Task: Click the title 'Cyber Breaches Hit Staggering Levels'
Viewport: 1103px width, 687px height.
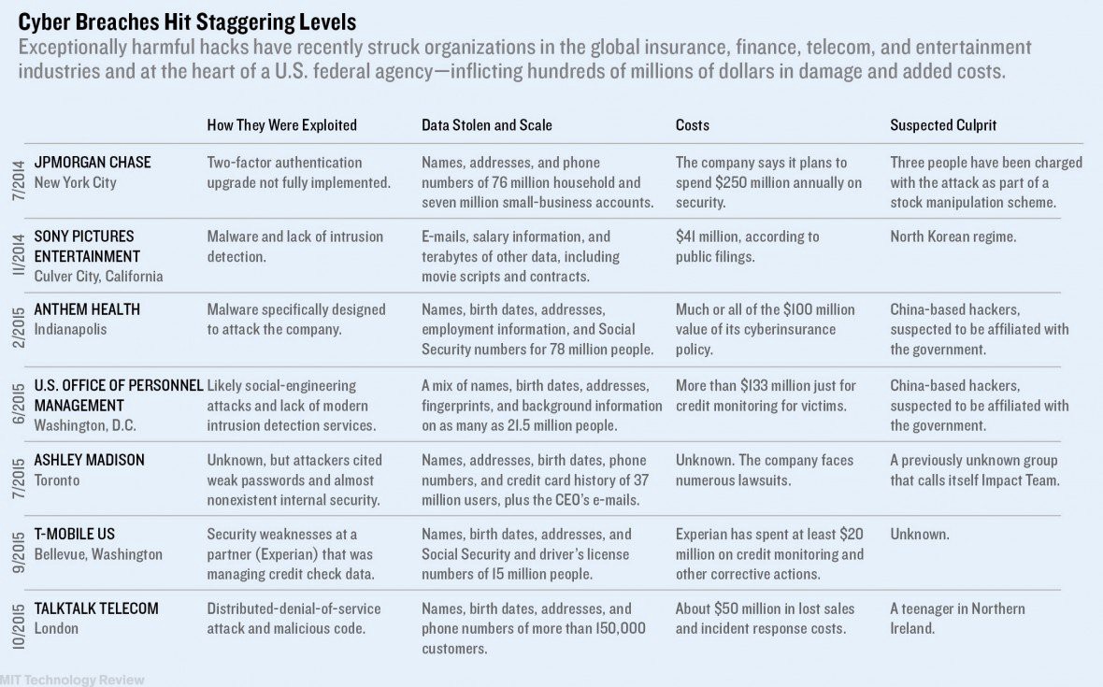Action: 187,21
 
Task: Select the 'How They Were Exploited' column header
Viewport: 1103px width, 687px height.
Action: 281,125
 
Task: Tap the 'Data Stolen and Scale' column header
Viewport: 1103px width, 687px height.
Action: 486,125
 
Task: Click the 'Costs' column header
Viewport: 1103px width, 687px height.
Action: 693,125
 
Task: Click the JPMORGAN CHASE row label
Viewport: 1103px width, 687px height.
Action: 92,163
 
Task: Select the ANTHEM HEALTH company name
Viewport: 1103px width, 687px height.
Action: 87,309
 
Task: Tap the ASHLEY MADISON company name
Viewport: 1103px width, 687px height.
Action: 90,460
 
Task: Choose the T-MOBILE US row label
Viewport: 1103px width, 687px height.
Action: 74,534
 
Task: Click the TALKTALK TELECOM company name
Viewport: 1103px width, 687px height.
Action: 96,608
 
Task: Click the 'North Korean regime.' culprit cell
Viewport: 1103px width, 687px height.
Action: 953,236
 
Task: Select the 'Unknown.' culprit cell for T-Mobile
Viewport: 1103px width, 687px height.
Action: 919,535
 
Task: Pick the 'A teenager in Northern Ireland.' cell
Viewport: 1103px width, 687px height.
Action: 957,618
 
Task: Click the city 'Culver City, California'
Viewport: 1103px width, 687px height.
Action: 98,276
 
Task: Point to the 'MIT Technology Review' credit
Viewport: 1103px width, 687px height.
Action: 73,680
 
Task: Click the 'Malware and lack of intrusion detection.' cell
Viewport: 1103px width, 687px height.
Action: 294,246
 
